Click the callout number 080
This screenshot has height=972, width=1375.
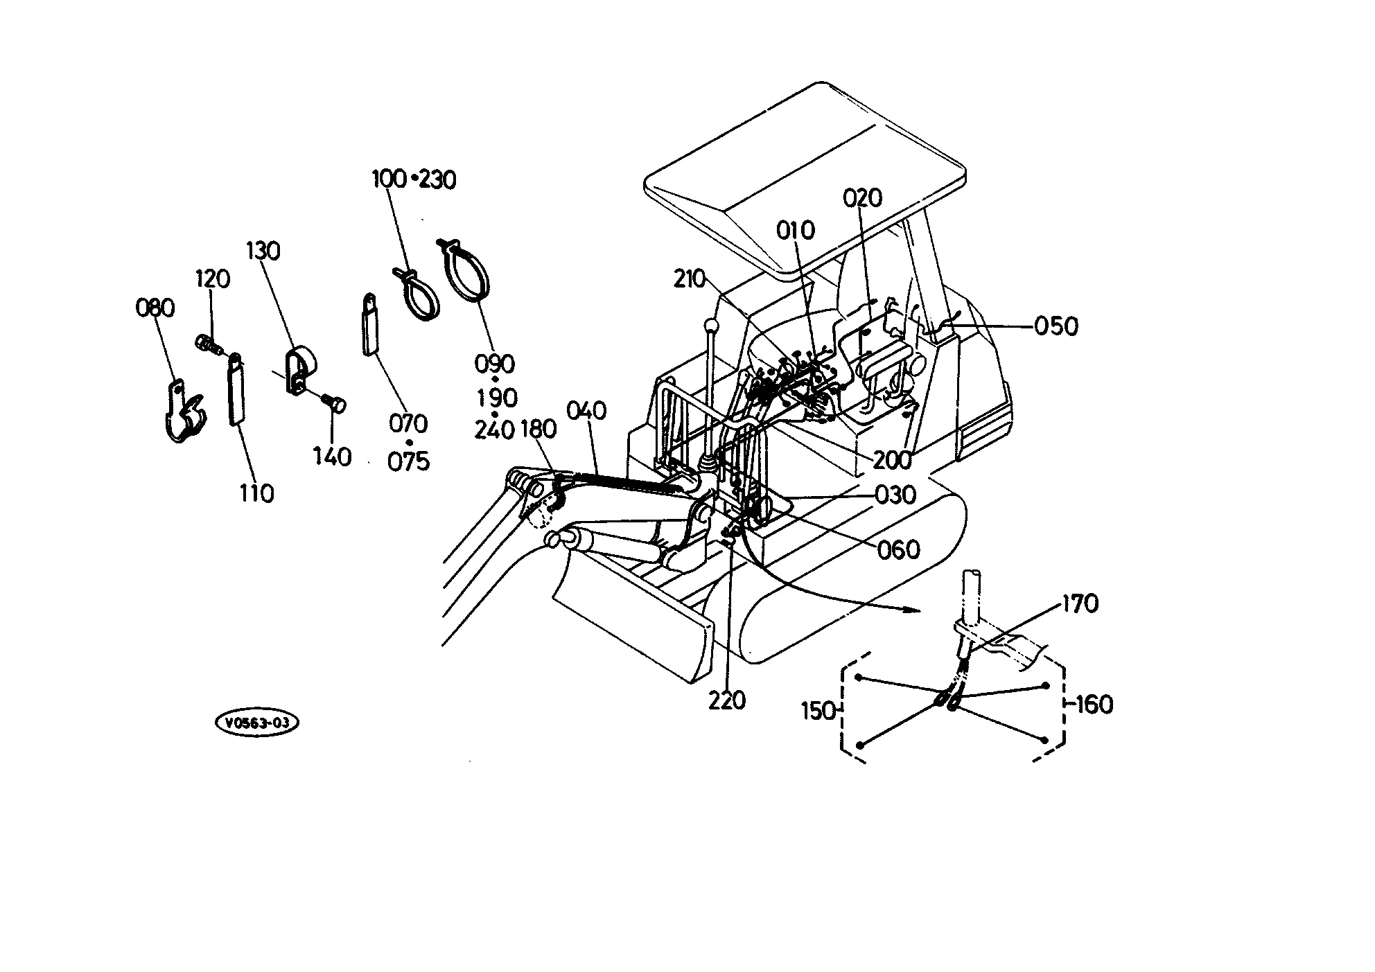(155, 308)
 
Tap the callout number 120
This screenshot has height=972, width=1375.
(213, 279)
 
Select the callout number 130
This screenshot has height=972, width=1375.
(263, 250)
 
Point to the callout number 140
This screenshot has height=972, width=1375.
(333, 457)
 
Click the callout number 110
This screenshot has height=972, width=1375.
(256, 493)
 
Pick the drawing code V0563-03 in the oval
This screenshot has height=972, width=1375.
(257, 723)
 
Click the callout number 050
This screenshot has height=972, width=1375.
(1056, 326)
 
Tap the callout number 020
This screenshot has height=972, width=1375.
(863, 198)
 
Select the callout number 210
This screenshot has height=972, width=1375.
(690, 279)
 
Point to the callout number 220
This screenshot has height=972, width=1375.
(727, 700)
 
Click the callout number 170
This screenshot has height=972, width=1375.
(1080, 604)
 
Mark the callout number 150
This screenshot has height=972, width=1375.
(818, 711)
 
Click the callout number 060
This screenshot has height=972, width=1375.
(899, 550)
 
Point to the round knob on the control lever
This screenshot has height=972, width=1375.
(710, 325)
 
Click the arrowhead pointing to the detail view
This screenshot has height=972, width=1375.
(913, 610)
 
